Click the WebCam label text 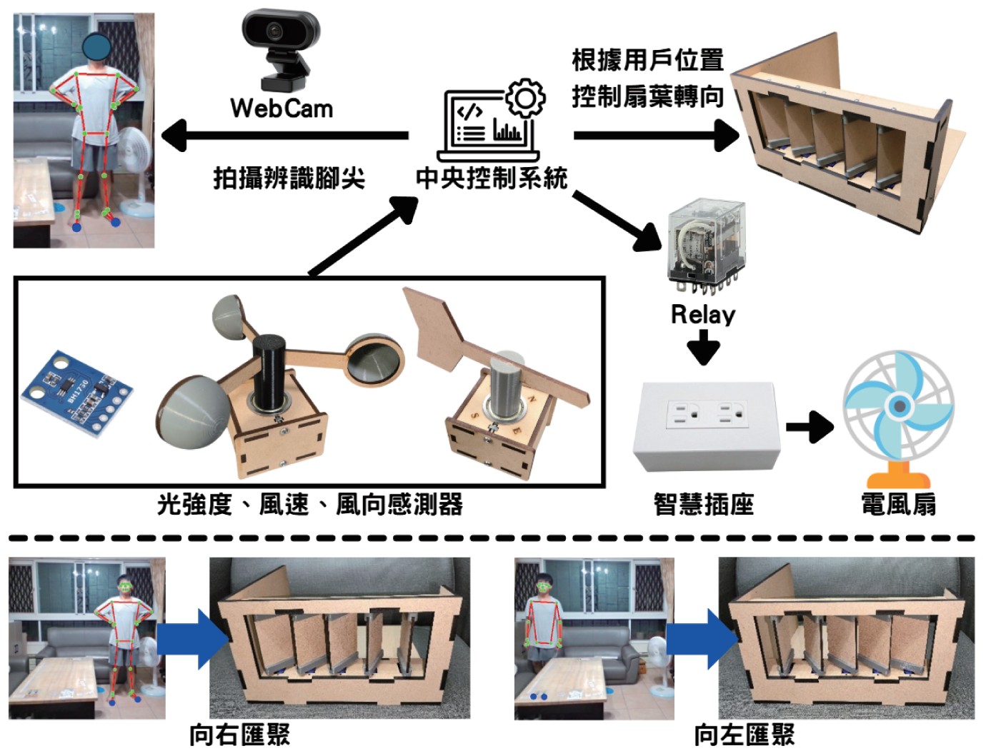point(282,109)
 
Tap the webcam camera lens point(275,31)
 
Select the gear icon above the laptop point(525,98)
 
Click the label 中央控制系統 point(491,178)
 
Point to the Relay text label point(702,315)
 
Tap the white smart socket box point(704,425)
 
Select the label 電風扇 point(898,505)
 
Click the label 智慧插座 point(704,505)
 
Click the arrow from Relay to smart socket point(704,350)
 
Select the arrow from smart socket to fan point(809,427)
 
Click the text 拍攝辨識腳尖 point(289,178)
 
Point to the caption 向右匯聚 point(239,735)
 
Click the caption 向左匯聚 point(744,735)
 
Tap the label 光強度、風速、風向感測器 point(310,505)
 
